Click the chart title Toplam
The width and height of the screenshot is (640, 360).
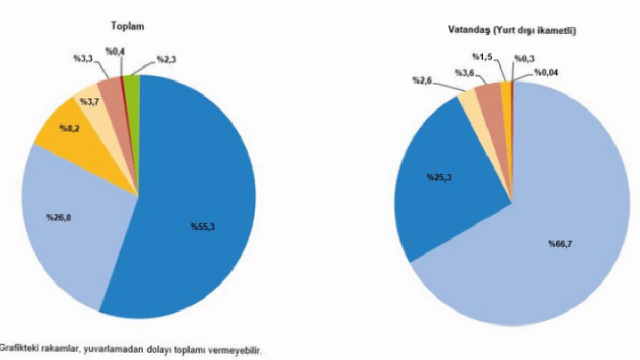[128, 26]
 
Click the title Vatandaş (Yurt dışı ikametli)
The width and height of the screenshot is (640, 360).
[512, 31]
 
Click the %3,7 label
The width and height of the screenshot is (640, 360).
[89, 102]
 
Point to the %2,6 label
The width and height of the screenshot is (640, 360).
[422, 80]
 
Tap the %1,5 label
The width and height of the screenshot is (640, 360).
[482, 57]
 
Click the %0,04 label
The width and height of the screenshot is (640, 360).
[546, 73]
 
